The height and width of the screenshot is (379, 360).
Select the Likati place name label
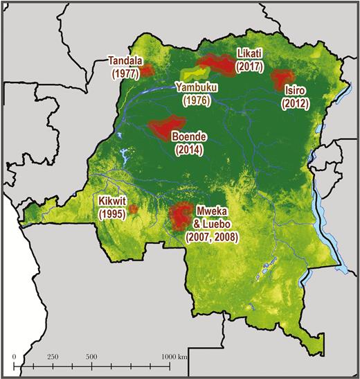249,53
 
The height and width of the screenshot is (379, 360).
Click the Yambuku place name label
196,87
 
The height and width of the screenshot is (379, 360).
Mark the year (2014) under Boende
189,150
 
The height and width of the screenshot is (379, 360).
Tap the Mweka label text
212,210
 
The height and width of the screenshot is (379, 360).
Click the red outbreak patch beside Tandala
147,70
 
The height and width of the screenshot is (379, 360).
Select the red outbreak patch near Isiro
280,79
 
